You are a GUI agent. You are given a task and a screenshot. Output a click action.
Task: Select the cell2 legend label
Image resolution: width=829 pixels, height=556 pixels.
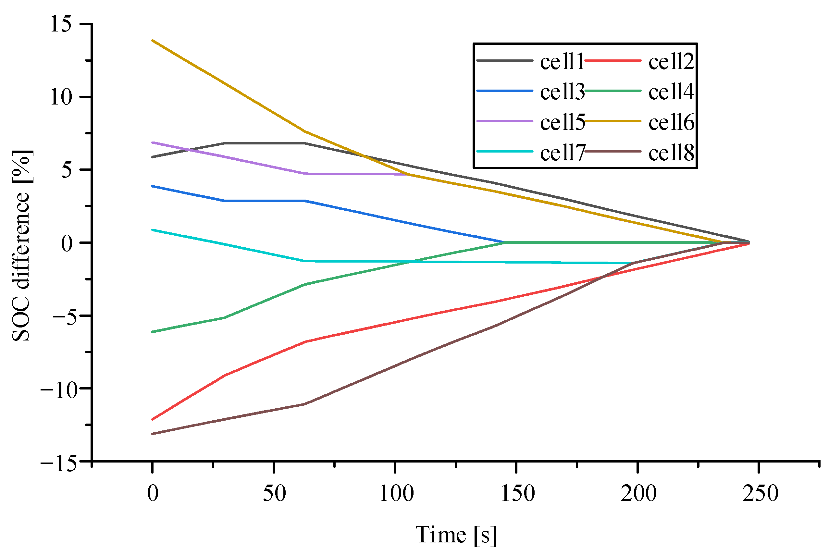pyautogui.click(x=671, y=62)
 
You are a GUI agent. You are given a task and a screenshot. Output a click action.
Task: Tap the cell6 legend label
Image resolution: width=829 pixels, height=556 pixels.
pyautogui.click(x=671, y=123)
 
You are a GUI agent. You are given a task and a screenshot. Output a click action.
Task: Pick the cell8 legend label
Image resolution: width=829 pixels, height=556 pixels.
pyautogui.click(x=671, y=154)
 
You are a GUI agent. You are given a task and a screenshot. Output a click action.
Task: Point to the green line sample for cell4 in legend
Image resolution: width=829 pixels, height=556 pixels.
pyautogui.click(x=612, y=91)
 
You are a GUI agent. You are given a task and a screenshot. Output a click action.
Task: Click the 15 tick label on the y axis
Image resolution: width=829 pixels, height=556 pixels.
pyautogui.click(x=61, y=24)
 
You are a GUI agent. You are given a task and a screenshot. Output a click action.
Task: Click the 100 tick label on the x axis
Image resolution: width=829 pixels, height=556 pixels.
pyautogui.click(x=396, y=494)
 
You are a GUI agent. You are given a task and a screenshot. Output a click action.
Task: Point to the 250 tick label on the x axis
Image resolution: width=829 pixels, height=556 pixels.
pyautogui.click(x=760, y=494)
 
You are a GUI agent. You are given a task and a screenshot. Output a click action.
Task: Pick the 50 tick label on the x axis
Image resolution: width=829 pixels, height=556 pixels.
pyautogui.click(x=274, y=494)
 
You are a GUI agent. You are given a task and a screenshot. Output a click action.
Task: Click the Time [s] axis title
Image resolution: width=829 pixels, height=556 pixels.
pyautogui.click(x=456, y=535)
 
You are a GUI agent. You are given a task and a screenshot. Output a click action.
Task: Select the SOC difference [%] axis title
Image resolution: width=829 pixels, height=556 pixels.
pyautogui.click(x=21, y=245)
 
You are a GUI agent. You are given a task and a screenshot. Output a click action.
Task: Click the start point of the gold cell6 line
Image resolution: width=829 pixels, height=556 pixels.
pyautogui.click(x=153, y=41)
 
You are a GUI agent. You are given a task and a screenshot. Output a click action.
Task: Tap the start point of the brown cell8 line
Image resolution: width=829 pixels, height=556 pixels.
pyautogui.click(x=153, y=434)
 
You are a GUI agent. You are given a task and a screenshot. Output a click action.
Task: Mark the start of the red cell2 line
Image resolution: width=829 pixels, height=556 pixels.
pyautogui.click(x=153, y=419)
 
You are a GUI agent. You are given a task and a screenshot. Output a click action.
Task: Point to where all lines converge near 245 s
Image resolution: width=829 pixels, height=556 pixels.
pyautogui.click(x=748, y=242)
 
